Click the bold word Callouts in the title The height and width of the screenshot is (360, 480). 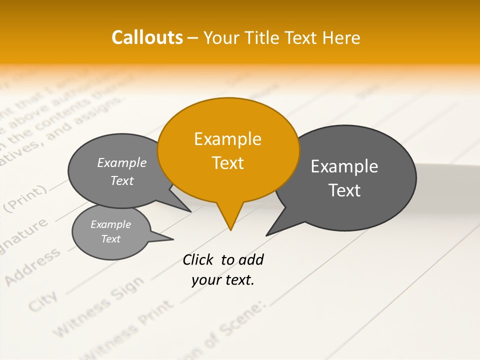click(147, 37)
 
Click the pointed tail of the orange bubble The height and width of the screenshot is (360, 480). click(230, 220)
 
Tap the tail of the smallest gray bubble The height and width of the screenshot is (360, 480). click(162, 237)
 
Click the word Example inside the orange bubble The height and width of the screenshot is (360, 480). click(227, 139)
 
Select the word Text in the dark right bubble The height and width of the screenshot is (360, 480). click(344, 190)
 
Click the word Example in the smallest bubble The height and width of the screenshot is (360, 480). click(110, 224)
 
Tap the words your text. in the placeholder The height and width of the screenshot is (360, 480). click(223, 280)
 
